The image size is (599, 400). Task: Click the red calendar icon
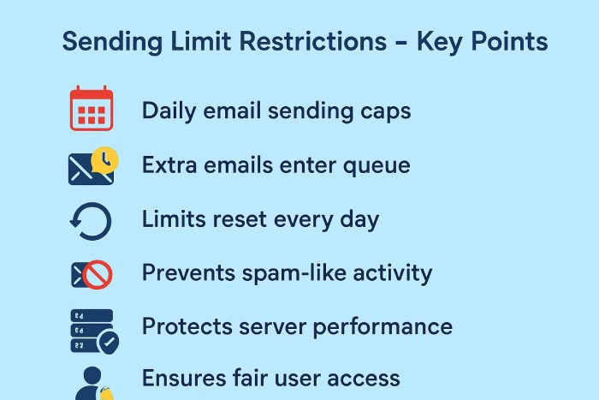pos(91,109)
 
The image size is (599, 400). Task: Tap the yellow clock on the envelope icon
pos(105,158)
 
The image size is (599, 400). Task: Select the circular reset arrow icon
pos(91,220)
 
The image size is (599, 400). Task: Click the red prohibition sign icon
pos(98,274)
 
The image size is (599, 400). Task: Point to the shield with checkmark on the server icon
pos(107,342)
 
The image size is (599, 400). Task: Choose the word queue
pos(376,165)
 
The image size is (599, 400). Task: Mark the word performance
pos(383,327)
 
